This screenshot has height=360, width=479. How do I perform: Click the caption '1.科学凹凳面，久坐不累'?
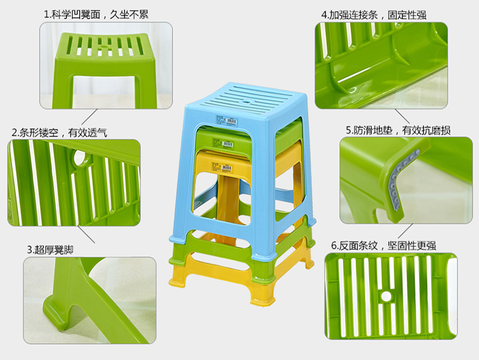(96, 14)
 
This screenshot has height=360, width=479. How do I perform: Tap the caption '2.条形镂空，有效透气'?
(59, 132)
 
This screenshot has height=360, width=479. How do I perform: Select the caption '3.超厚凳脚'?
(50, 250)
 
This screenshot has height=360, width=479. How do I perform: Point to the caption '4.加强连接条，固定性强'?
(374, 15)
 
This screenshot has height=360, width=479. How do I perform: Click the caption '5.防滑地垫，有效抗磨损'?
(398, 130)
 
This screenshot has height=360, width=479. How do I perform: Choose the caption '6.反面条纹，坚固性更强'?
(384, 245)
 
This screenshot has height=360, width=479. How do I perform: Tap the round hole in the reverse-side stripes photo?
(386, 296)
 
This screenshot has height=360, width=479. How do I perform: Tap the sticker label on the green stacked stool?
(227, 143)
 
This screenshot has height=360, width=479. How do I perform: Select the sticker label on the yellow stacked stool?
(227, 167)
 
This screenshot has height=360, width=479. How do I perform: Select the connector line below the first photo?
(89, 117)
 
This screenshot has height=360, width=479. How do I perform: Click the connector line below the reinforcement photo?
(402, 116)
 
